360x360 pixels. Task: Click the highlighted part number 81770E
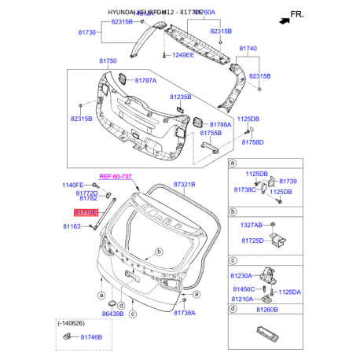pyautogui.click(x=86, y=212)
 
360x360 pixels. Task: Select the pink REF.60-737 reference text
pyautogui.click(x=115, y=178)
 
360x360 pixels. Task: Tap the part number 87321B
pyautogui.click(x=184, y=183)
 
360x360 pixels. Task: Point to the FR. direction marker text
pyautogui.click(x=296, y=14)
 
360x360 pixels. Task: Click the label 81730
pyautogui.click(x=86, y=32)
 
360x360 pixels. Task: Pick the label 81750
pyautogui.click(x=108, y=61)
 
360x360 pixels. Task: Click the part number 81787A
pyautogui.click(x=145, y=80)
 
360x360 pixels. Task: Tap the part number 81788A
pyautogui.click(x=221, y=124)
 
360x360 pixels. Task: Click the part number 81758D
pyautogui.click(x=252, y=142)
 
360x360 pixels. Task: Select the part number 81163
pyautogui.click(x=72, y=226)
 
